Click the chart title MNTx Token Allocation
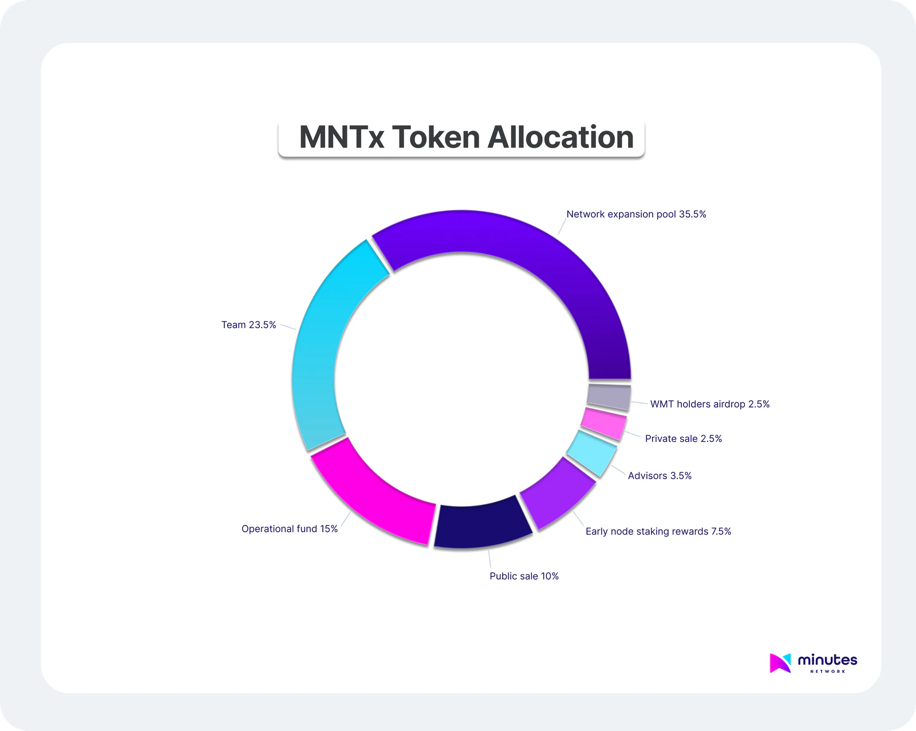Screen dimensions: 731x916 [466, 138]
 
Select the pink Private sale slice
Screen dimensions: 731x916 [603, 424]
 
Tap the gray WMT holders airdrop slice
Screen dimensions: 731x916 [609, 397]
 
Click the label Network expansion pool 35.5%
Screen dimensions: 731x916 [636, 215]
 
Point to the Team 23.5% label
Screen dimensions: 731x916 [248, 325]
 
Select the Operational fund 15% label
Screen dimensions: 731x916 [289, 529]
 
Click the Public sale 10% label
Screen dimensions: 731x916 [524, 576]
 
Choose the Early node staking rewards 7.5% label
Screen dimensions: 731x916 [658, 532]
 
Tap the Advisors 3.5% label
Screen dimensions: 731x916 [660, 476]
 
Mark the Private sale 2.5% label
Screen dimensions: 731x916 [684, 439]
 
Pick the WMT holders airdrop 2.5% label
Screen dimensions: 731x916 [710, 404]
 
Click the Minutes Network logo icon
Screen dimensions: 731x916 [780, 663]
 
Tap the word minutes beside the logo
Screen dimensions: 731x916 [827, 660]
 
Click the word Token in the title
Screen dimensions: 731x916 [436, 138]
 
